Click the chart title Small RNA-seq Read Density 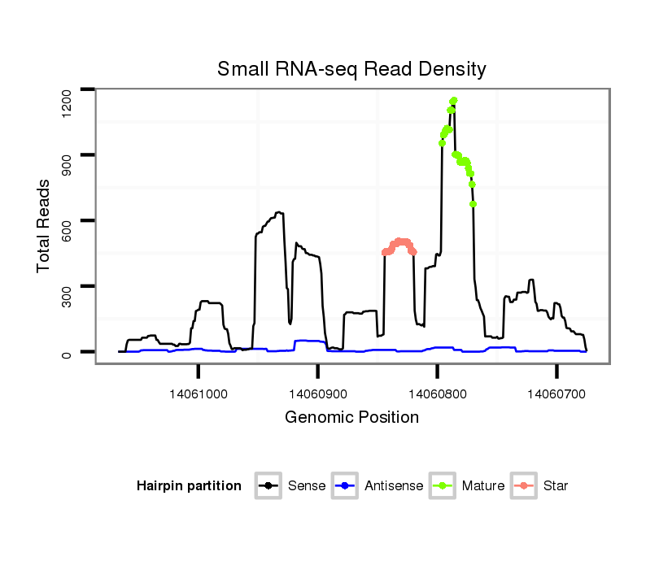[x=351, y=69]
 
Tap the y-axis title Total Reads [x=46, y=226]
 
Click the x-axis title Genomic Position [x=351, y=418]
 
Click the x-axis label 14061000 [x=199, y=394]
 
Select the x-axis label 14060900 [x=317, y=394]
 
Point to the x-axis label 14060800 [x=437, y=394]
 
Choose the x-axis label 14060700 [x=556, y=394]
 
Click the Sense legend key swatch [x=268, y=486]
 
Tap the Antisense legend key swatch [x=346, y=486]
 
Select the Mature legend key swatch [x=443, y=486]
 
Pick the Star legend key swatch [x=524, y=486]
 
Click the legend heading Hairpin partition [x=189, y=486]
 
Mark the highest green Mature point [x=454, y=100]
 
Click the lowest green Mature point [x=473, y=204]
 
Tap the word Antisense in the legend [x=394, y=486]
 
